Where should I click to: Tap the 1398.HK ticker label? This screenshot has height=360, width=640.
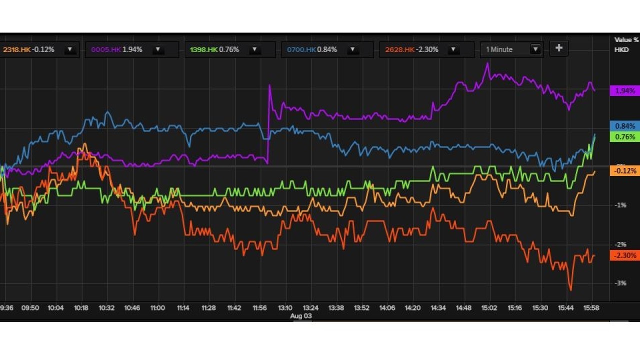(203, 49)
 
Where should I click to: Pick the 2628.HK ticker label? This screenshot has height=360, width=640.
(399, 49)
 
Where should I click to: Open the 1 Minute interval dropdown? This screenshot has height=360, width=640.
(511, 49)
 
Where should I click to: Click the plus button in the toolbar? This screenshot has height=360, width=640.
(559, 48)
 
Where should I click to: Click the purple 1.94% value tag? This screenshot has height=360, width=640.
(625, 90)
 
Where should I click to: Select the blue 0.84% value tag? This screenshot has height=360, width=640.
(625, 126)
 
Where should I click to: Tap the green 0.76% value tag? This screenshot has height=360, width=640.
(625, 136)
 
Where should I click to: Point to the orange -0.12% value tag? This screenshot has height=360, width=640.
(625, 171)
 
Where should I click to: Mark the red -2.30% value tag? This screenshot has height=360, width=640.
(625, 255)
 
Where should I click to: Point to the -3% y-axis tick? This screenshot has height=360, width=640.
(620, 283)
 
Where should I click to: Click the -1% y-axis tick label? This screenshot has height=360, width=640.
(620, 205)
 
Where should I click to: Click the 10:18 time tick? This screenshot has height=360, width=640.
(81, 308)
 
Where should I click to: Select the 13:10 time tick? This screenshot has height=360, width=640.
(285, 308)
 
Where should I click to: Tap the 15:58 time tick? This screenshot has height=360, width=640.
(592, 308)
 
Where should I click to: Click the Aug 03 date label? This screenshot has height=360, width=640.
(301, 316)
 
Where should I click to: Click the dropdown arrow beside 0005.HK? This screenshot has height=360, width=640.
(158, 49)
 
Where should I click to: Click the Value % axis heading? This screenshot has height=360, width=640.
(626, 39)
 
